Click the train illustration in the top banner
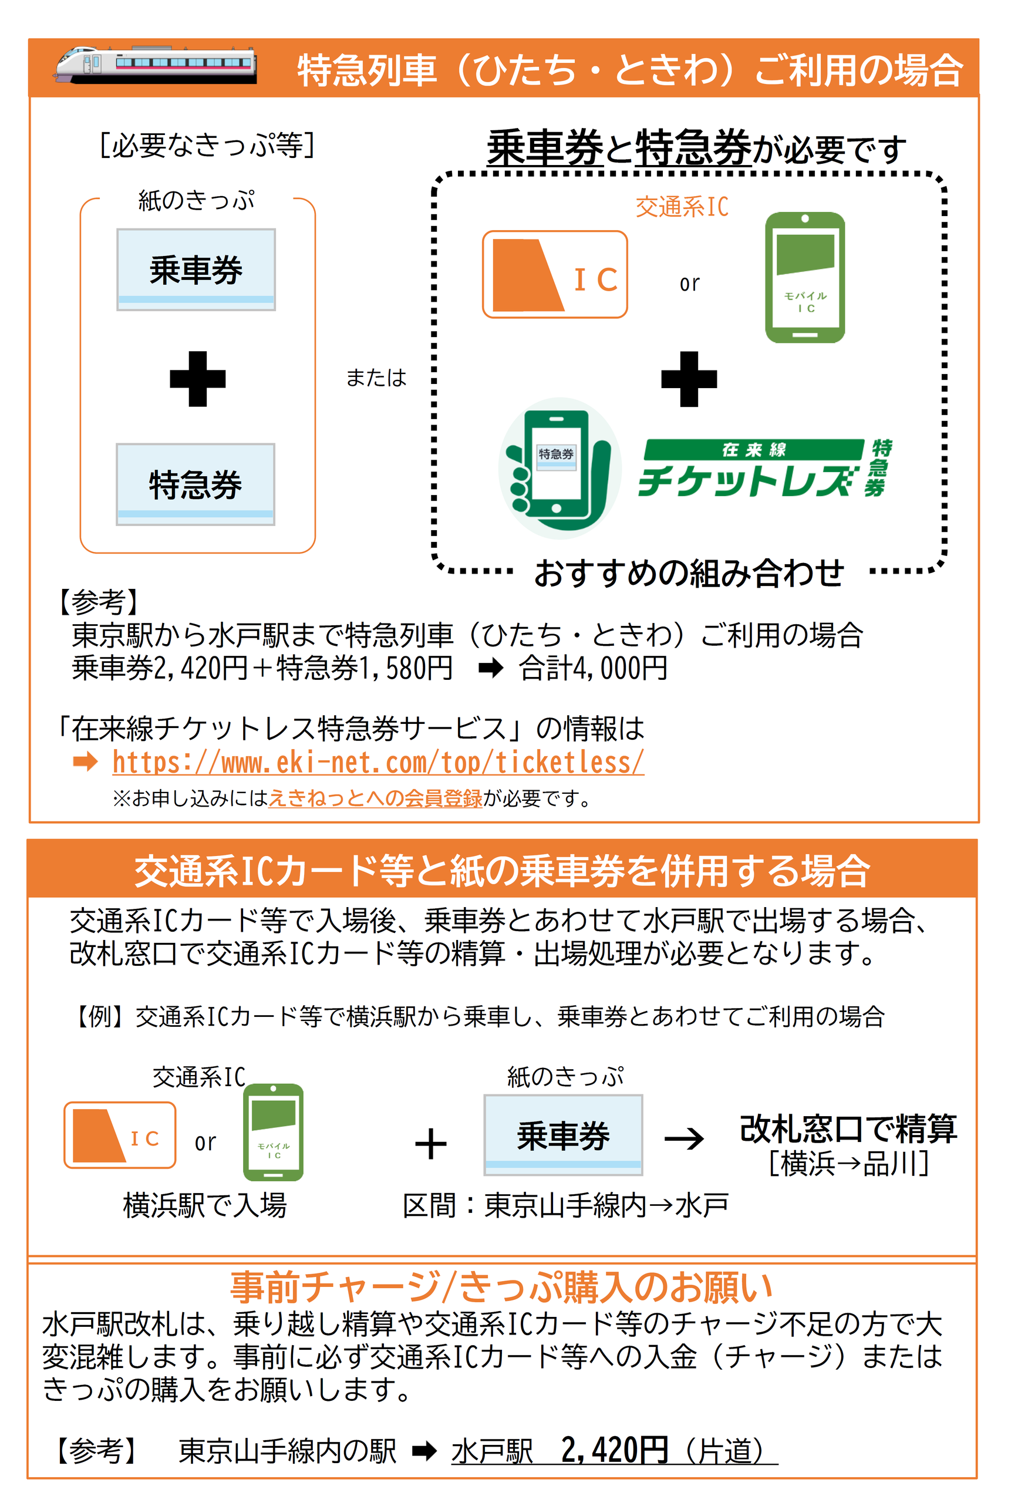pyautogui.click(x=156, y=65)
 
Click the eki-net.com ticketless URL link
pyautogui.click(x=377, y=762)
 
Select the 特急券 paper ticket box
pyautogui.click(x=195, y=484)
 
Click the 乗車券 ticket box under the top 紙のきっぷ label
pyautogui.click(x=196, y=269)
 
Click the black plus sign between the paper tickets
pyautogui.click(x=197, y=379)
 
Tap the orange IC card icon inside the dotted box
pyautogui.click(x=555, y=274)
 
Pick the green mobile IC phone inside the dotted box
pyautogui.click(x=804, y=278)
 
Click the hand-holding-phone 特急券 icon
pyautogui.click(x=560, y=469)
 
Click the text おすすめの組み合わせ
pyautogui.click(x=689, y=573)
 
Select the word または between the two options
pyautogui.click(x=376, y=378)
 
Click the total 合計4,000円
pyautogui.click(x=593, y=668)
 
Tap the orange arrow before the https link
pyautogui.click(x=85, y=762)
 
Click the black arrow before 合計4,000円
pyautogui.click(x=490, y=668)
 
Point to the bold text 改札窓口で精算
pyautogui.click(x=848, y=1129)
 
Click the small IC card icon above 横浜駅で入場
pyautogui.click(x=120, y=1135)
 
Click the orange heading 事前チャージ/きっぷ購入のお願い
pyautogui.click(x=501, y=1286)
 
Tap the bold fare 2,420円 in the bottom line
pyautogui.click(x=615, y=1450)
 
